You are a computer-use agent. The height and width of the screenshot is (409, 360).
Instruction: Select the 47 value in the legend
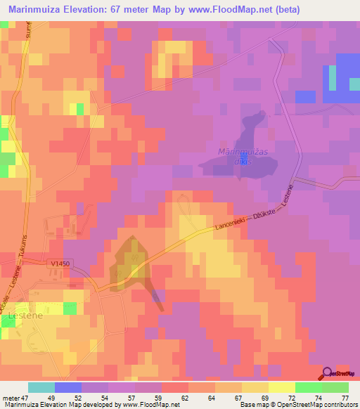pyautogui.click(x=27, y=398)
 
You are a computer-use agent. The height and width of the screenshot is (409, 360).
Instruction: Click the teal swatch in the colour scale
pyautogui.click(x=41, y=387)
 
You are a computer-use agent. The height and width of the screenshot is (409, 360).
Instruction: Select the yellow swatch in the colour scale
pyautogui.click(x=281, y=387)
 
